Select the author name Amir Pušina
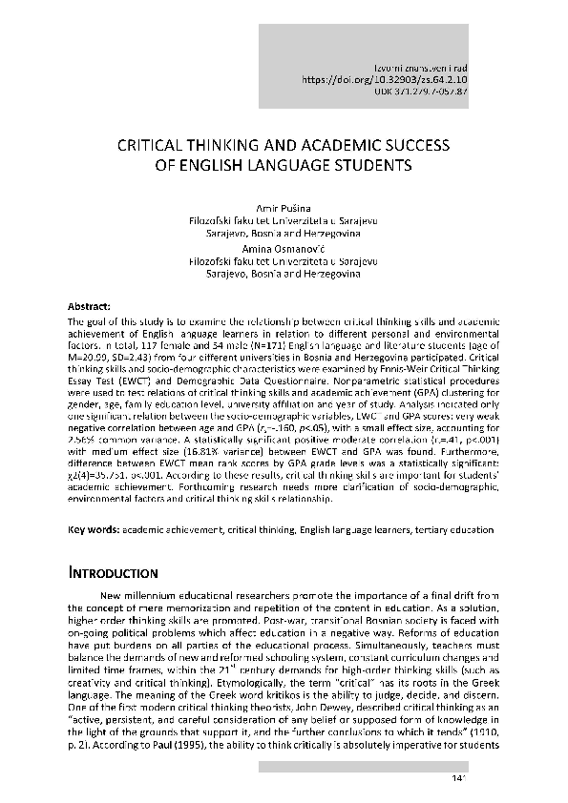(x=284, y=206)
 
